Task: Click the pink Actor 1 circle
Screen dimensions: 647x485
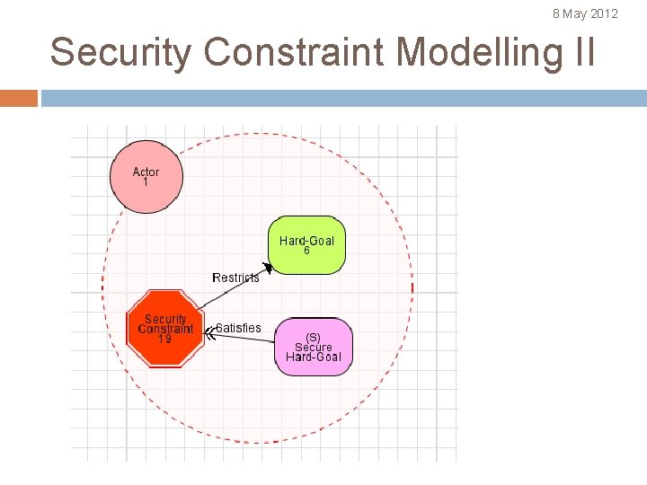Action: click(146, 177)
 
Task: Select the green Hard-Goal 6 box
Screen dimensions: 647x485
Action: click(306, 245)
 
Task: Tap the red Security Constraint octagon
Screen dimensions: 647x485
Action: click(165, 329)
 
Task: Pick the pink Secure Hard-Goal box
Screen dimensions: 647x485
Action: click(314, 346)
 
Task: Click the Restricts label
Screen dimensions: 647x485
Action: click(235, 278)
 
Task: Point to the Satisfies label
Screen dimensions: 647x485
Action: click(239, 328)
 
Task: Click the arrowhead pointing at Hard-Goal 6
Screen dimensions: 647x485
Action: click(266, 267)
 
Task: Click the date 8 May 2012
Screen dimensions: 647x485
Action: click(585, 13)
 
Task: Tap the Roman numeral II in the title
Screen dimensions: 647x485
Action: click(582, 52)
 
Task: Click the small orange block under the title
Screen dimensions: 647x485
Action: click(19, 98)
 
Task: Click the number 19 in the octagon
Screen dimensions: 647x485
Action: click(165, 339)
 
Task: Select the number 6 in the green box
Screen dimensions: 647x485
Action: click(306, 251)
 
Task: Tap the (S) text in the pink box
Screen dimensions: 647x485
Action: click(314, 338)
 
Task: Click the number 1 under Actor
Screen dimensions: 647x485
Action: click(146, 182)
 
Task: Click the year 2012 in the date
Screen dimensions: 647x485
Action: click(604, 13)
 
